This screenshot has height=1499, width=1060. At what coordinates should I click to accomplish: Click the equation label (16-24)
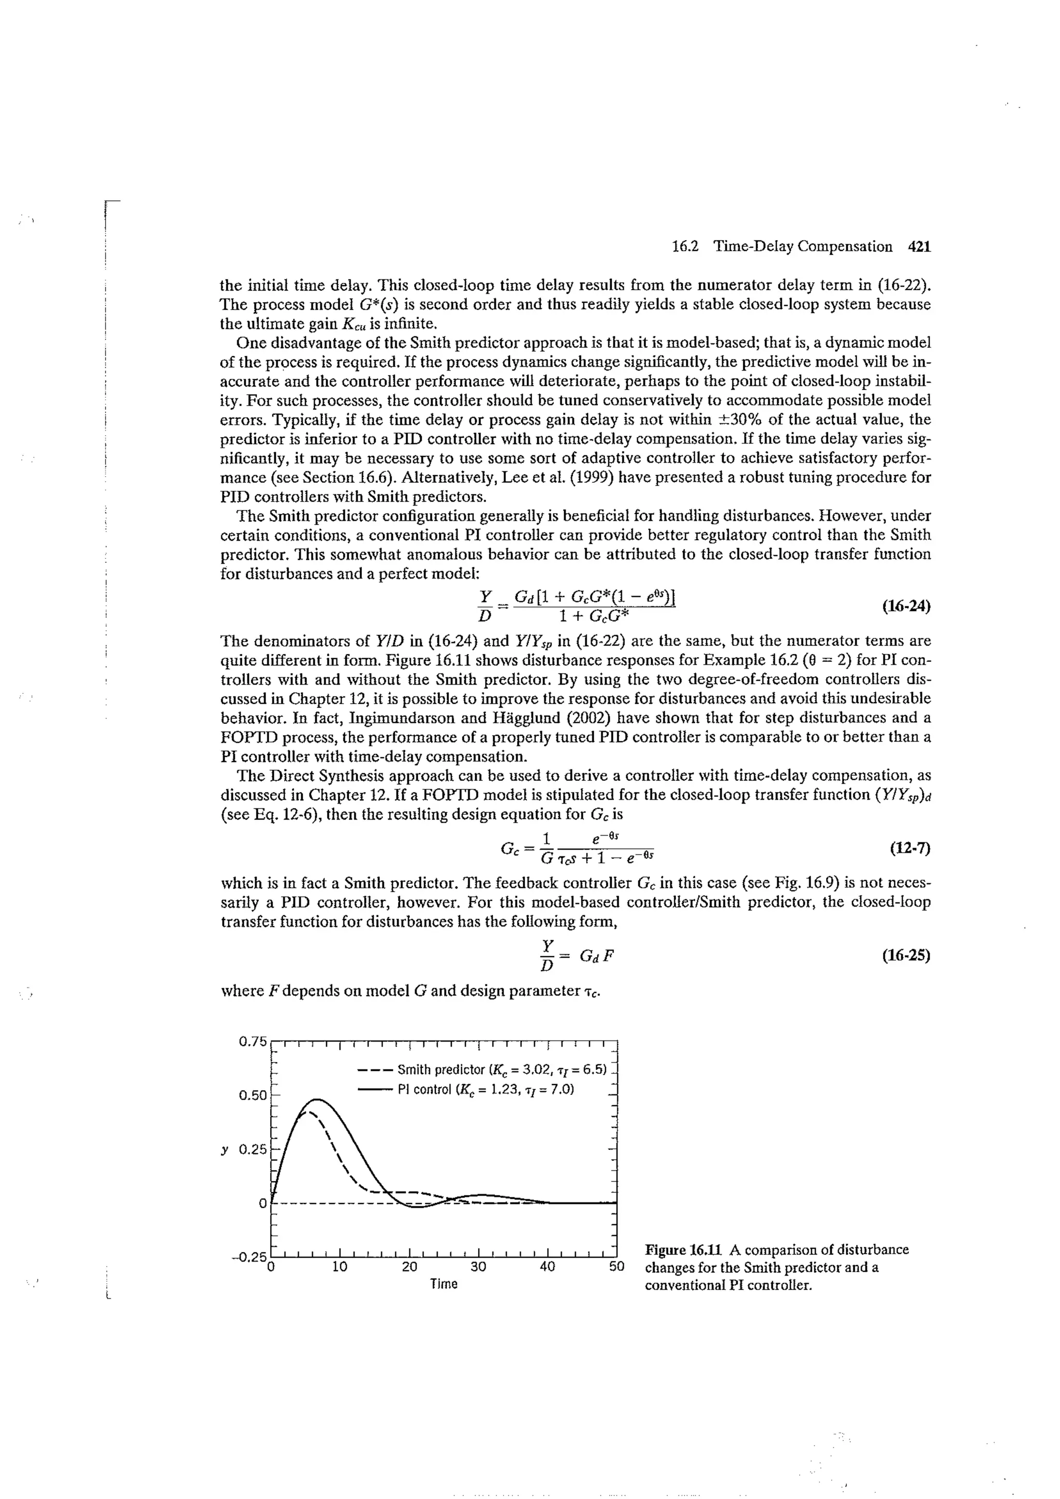coord(905,606)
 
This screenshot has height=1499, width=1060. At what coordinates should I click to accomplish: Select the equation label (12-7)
coord(909,848)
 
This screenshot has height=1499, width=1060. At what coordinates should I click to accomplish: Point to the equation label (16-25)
coord(905,956)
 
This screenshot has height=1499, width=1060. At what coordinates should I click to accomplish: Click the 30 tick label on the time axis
coord(478,1267)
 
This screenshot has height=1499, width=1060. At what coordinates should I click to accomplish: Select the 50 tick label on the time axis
coord(616,1267)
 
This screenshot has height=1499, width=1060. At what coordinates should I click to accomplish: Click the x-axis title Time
coord(444,1284)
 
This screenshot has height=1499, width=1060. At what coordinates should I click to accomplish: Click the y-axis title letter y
coord(225,1149)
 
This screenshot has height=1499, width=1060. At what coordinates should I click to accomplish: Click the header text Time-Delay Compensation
coord(802,247)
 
